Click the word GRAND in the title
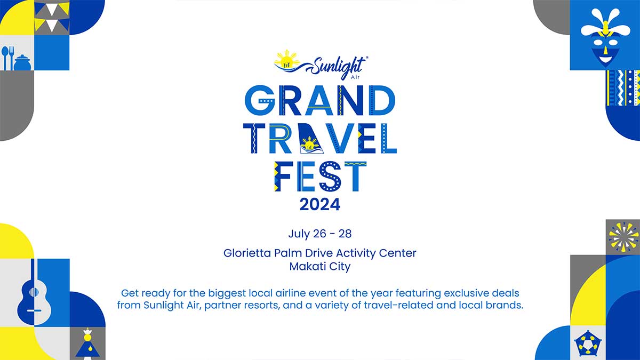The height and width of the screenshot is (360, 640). (x=320, y=100)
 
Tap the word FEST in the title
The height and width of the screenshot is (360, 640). (x=320, y=177)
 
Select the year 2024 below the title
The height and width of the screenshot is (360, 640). (x=320, y=205)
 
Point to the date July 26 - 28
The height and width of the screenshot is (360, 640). (x=320, y=234)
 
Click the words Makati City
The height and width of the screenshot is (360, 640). (x=320, y=267)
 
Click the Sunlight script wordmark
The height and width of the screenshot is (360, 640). (x=337, y=66)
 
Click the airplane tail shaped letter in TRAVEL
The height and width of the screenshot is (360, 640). (x=310, y=138)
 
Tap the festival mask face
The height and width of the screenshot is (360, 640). (x=605, y=38)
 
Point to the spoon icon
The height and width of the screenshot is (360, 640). (x=5, y=58)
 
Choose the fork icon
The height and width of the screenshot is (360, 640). (x=11, y=58)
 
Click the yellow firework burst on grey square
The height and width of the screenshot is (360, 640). (x=623, y=237)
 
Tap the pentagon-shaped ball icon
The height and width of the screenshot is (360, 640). (x=588, y=344)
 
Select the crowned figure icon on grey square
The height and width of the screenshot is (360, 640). (x=87, y=342)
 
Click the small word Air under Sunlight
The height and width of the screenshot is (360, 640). (x=355, y=77)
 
